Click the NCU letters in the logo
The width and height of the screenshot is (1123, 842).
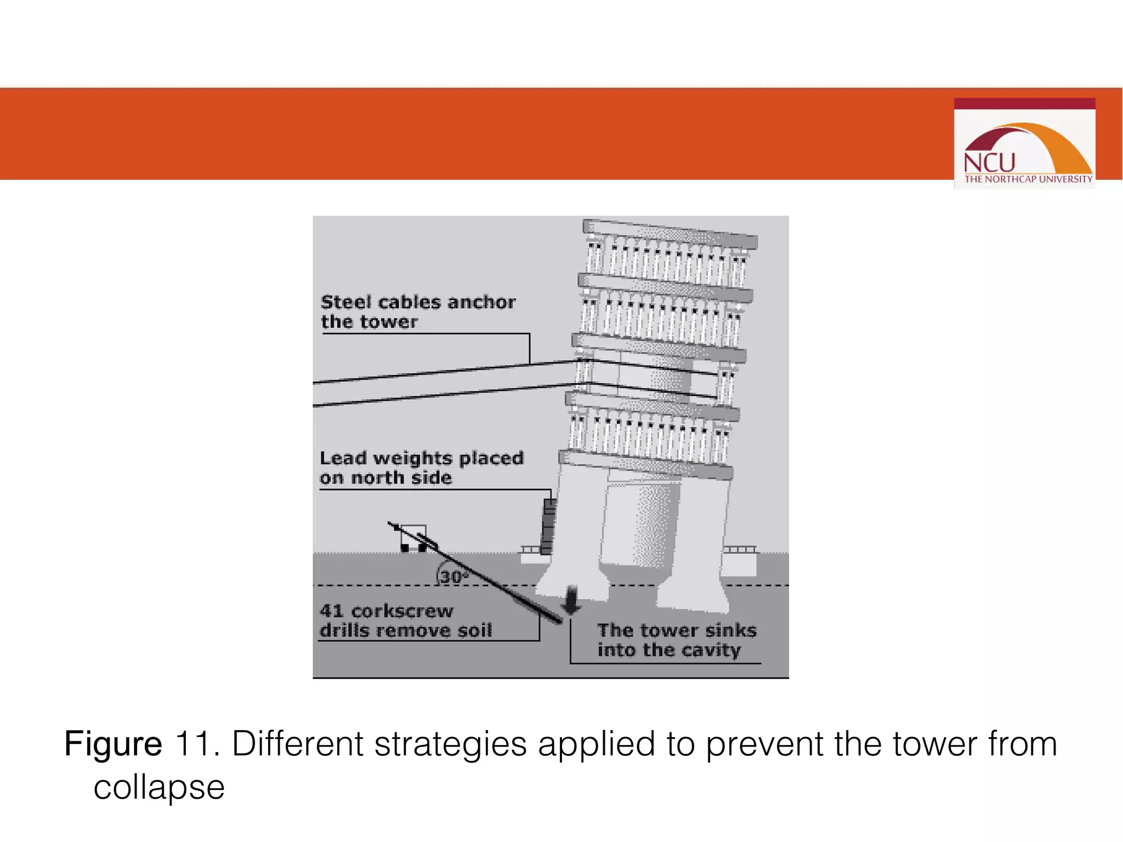989,163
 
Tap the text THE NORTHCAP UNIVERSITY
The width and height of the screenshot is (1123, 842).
1028,179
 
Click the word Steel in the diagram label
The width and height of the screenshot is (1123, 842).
346,302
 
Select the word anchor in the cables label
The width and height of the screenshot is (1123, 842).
481,302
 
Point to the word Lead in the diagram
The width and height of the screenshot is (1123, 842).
343,458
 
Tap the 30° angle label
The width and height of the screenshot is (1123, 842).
453,577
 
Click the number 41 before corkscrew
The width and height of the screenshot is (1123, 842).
331,611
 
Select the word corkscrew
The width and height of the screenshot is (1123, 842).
402,611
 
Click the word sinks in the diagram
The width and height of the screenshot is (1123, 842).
731,630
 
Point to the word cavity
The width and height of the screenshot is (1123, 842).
711,650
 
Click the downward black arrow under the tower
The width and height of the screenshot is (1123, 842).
571,601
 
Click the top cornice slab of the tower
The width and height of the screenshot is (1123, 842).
670,234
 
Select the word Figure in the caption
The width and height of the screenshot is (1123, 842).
113,744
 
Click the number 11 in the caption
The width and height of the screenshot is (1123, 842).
192,744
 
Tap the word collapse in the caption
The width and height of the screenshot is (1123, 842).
159,787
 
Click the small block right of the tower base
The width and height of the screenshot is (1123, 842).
739,562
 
